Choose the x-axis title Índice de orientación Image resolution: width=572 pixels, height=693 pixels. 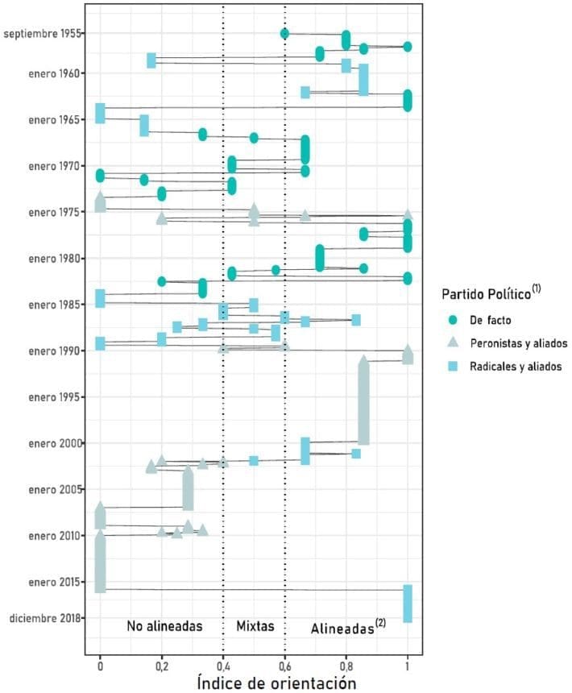click(x=276, y=683)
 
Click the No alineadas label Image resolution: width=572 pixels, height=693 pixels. click(x=164, y=625)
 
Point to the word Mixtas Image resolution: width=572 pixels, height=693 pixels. click(x=255, y=625)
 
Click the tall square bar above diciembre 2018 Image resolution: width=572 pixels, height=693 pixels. click(x=408, y=604)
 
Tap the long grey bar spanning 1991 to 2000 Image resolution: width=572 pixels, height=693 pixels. click(x=363, y=400)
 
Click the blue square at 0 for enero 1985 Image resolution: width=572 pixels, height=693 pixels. click(x=100, y=298)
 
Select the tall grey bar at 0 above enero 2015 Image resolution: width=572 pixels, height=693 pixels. click(x=100, y=562)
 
